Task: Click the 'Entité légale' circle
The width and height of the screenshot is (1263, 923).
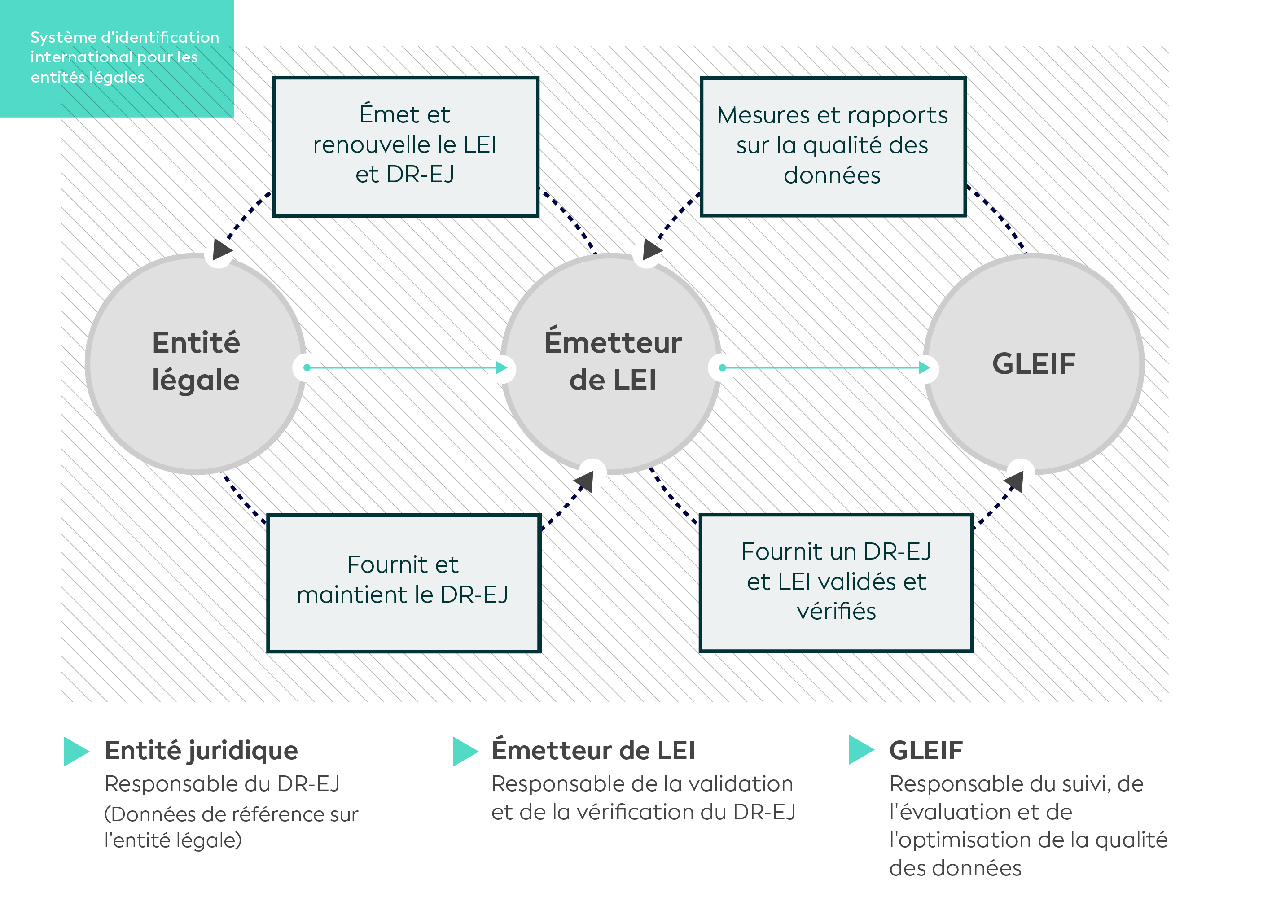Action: click(x=196, y=364)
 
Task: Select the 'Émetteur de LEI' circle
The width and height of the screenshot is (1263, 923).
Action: click(x=611, y=364)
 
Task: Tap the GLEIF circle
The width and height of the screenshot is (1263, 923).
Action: click(x=1034, y=364)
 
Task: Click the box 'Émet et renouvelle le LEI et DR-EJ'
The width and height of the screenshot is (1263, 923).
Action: click(x=406, y=146)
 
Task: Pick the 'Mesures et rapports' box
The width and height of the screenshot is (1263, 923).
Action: click(x=833, y=146)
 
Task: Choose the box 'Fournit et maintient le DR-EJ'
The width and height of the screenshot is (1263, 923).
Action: click(x=403, y=583)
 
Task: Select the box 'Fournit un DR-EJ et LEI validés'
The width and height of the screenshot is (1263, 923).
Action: click(x=836, y=583)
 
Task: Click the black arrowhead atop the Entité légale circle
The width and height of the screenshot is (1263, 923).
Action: click(x=221, y=249)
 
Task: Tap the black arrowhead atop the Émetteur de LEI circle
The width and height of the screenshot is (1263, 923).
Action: click(x=652, y=249)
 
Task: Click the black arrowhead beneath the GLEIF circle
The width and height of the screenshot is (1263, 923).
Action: click(x=1015, y=481)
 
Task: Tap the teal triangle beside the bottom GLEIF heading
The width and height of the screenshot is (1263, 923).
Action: click(x=861, y=750)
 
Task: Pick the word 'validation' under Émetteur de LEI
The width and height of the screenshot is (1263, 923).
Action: click(x=741, y=784)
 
